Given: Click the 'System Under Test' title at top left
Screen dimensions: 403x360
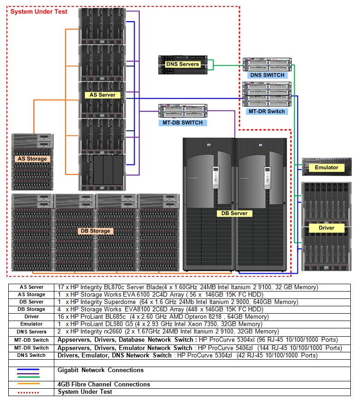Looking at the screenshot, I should tap(39, 12).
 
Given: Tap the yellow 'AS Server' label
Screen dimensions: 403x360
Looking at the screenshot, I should tap(102, 95).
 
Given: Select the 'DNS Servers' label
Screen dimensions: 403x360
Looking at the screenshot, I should tap(182, 64).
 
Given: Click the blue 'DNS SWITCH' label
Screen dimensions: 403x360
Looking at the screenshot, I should tap(267, 75).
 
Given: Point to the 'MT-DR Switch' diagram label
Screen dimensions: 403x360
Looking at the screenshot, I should tap(267, 111).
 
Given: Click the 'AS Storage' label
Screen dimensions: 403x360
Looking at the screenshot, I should tap(32, 159).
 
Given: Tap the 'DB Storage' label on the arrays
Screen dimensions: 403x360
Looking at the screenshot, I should tap(95, 231).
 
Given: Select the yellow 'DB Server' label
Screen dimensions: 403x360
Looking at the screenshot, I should tap(234, 213).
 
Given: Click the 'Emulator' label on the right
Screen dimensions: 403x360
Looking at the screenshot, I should tap(326, 168).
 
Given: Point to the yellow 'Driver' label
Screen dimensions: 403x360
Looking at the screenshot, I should tap(326, 228).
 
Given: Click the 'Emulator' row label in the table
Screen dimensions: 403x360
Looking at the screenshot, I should tap(31, 324).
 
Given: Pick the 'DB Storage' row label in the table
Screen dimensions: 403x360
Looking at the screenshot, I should tap(31, 310).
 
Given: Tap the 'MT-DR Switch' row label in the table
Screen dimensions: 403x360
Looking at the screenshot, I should tap(31, 348).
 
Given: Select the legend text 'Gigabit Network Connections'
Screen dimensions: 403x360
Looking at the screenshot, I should tap(100, 370).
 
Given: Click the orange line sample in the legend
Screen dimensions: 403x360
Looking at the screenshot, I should tap(28, 384).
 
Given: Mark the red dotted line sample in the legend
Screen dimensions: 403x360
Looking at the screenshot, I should tap(28, 392).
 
